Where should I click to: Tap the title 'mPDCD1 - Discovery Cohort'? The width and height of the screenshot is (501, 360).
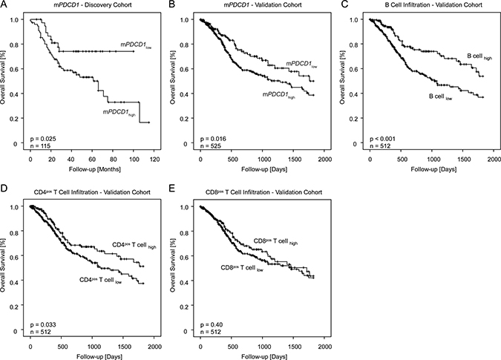click(x=93, y=4)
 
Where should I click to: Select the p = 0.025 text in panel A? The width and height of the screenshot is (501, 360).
click(x=43, y=139)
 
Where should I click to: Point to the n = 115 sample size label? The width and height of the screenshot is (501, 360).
click(x=40, y=146)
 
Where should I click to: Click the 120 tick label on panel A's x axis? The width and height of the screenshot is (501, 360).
click(x=154, y=159)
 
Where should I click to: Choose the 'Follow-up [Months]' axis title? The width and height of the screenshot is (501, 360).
click(x=95, y=169)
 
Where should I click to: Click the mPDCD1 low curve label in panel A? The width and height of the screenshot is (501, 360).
click(x=136, y=45)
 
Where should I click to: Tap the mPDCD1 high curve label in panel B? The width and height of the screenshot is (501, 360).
click(x=279, y=95)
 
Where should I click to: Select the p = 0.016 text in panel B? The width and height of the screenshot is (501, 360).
click(x=213, y=139)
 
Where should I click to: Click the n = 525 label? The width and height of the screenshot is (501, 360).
click(x=211, y=146)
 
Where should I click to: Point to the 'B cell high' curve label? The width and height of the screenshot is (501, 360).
click(x=479, y=56)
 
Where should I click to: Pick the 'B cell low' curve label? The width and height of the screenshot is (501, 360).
click(x=441, y=96)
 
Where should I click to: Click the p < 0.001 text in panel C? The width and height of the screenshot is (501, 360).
click(x=382, y=139)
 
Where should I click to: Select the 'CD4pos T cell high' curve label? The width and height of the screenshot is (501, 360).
click(x=134, y=246)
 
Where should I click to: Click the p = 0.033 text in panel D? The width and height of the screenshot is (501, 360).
click(x=43, y=325)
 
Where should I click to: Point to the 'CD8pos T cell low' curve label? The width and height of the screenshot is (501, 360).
click(x=242, y=268)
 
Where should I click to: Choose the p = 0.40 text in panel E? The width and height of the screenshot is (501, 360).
click(x=212, y=325)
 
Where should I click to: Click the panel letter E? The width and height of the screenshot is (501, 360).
click(x=171, y=189)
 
